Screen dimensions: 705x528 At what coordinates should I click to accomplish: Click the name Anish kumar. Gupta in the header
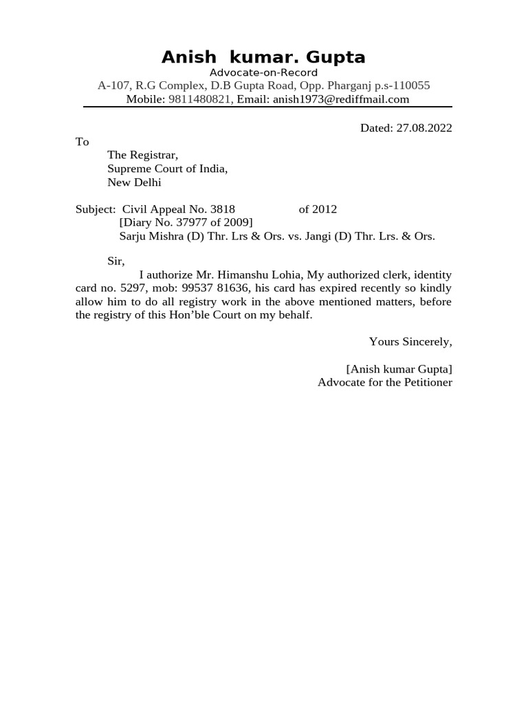pos(263,56)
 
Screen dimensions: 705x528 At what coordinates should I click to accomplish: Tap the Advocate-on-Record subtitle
pos(263,73)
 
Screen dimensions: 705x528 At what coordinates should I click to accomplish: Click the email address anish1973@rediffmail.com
pos(341,99)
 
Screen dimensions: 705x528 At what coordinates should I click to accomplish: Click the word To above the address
pos(82,142)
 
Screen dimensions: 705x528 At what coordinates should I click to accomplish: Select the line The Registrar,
pos(142,156)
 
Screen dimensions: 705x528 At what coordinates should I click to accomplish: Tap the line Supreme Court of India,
pos(167,169)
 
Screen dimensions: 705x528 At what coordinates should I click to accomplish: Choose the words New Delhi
pos(134,182)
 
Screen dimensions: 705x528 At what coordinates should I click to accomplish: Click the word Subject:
pos(96,209)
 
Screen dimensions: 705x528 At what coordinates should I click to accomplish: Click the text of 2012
pos(318,209)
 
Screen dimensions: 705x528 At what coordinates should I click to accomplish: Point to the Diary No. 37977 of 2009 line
pos(186,222)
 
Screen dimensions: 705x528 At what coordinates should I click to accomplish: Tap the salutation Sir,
pos(116,261)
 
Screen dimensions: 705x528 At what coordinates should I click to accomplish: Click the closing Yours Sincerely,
pos(410,341)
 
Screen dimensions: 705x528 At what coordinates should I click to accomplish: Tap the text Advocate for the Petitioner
pos(385,382)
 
